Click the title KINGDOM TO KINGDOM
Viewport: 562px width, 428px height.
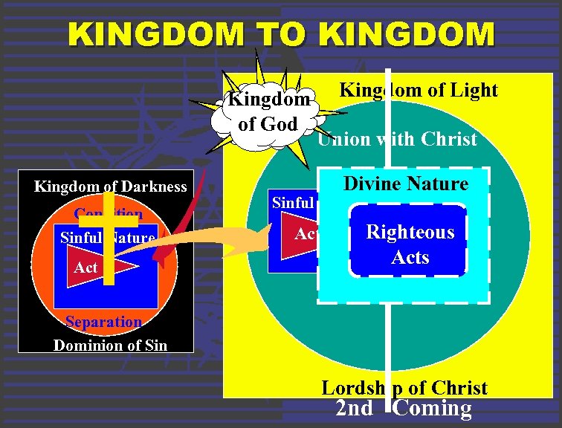tap(281, 34)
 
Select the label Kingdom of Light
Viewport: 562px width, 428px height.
tap(418, 91)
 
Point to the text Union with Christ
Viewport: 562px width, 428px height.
tap(397, 140)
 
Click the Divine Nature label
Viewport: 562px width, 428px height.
tap(405, 184)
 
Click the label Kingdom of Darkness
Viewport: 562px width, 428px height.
tap(110, 187)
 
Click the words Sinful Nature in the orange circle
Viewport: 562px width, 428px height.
tap(107, 239)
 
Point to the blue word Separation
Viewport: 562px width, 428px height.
tap(103, 322)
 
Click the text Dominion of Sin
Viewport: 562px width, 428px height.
tap(109, 345)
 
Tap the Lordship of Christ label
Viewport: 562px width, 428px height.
tap(404, 388)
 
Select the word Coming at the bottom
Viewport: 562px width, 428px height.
tap(433, 409)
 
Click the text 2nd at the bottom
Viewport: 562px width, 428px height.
tap(355, 409)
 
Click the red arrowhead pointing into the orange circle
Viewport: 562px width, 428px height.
tap(159, 257)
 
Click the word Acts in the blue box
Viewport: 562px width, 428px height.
tap(410, 257)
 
